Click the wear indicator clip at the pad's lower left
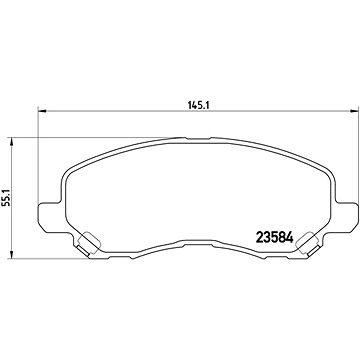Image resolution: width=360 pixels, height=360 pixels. (x=87, y=241)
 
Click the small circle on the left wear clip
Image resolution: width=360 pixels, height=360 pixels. (x=85, y=240)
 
